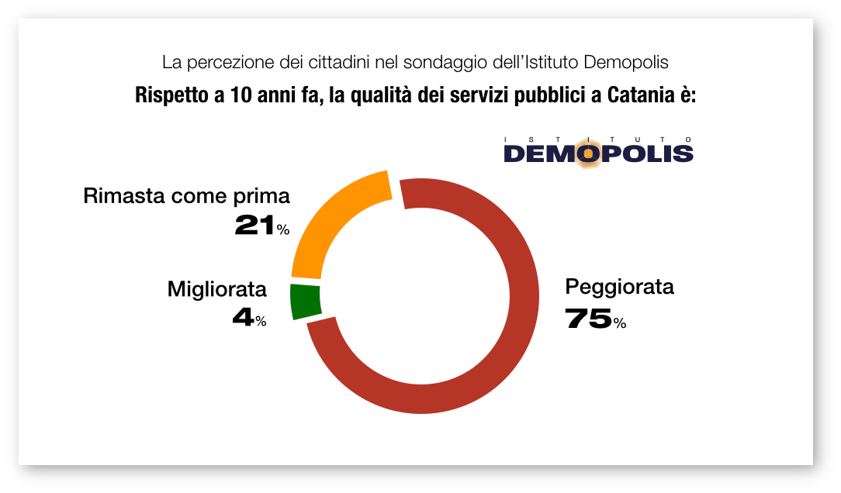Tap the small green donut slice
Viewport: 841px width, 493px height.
click(305, 302)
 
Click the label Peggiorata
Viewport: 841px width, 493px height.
click(619, 287)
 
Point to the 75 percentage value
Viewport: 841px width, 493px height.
click(587, 319)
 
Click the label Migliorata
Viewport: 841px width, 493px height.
click(217, 290)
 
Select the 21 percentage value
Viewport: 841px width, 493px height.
click(254, 226)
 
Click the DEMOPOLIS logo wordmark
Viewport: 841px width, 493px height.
click(598, 153)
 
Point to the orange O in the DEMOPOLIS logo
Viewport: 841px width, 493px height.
click(587, 153)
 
